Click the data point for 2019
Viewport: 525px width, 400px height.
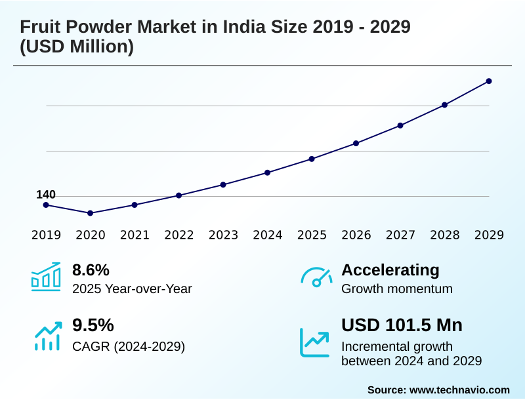click(46, 205)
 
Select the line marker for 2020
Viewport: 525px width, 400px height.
click(90, 213)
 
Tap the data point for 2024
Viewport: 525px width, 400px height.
click(267, 172)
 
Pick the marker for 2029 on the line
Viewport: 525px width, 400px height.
click(489, 81)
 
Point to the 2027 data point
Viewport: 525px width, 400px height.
click(400, 125)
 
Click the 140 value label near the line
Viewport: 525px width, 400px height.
click(46, 195)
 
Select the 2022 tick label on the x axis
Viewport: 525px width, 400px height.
click(178, 235)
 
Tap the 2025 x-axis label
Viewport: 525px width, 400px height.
click(312, 235)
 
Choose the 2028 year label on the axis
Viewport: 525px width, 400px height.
click(444, 235)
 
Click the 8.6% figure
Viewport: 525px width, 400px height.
click(91, 270)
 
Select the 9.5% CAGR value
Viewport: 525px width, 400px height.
click(93, 325)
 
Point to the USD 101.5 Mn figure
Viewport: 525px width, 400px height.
click(402, 325)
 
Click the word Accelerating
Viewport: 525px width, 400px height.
click(390, 270)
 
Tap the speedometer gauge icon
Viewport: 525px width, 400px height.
click(316, 277)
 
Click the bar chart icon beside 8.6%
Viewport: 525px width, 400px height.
click(46, 277)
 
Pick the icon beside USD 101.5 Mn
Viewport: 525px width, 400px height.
click(315, 342)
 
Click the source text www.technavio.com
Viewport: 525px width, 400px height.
click(459, 390)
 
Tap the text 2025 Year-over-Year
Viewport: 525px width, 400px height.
click(132, 289)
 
